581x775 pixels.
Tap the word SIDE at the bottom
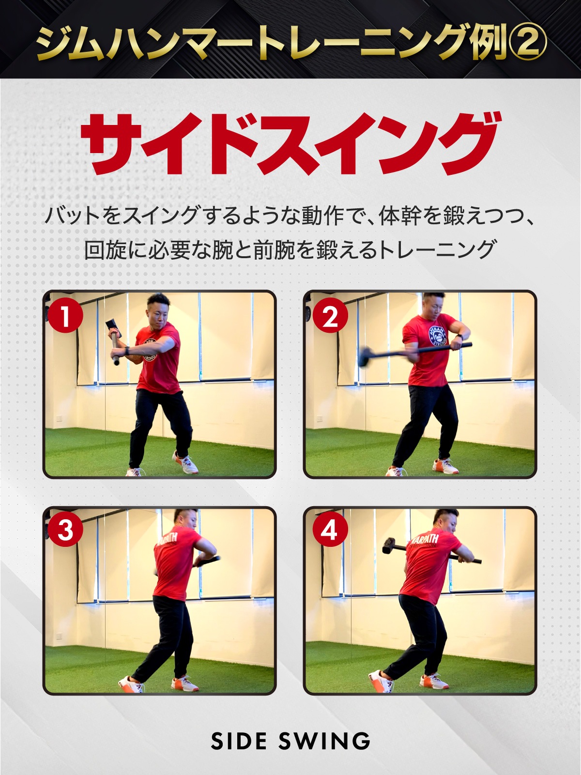pos(239,741)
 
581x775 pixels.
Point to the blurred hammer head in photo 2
pos(367,356)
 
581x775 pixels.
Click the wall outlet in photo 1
pos(60,418)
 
